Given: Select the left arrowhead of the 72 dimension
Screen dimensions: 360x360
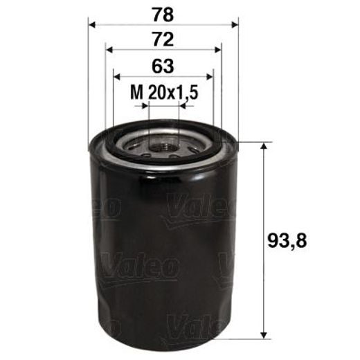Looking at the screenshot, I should [110, 50].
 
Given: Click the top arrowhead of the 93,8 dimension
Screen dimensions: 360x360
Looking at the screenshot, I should [263, 147].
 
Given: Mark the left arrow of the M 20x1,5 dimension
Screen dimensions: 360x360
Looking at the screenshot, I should [144, 106].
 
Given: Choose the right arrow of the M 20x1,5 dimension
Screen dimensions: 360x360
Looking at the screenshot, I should [183, 106].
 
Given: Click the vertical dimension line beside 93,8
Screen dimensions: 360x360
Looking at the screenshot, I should [263, 208].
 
